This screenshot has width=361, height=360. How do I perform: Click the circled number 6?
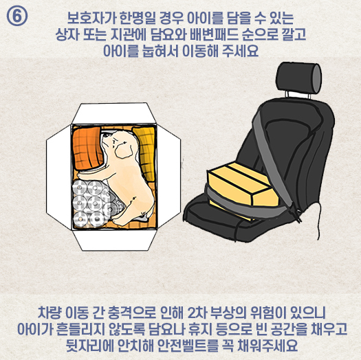click(x=17, y=15)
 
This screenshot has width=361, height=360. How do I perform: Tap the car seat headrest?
click(x=298, y=78)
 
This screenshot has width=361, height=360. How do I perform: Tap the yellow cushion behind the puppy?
click(x=144, y=153)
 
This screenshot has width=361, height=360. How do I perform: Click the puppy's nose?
click(x=104, y=138)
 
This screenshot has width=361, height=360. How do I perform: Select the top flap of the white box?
click(x=113, y=113)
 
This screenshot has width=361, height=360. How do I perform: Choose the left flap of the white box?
click(x=59, y=177)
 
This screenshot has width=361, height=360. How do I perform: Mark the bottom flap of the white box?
click(x=114, y=240)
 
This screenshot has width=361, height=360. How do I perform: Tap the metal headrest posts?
click(x=298, y=95)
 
